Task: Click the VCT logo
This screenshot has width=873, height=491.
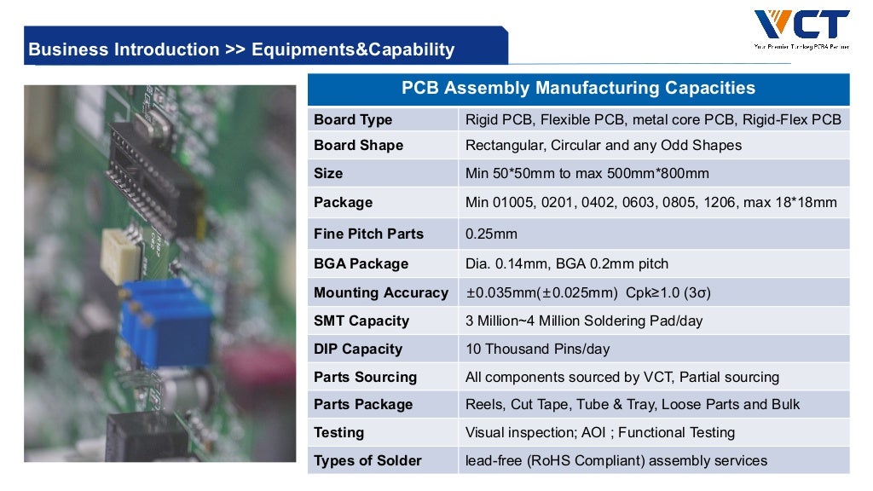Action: click(x=801, y=26)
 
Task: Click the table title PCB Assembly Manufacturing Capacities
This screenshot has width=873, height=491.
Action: click(x=578, y=88)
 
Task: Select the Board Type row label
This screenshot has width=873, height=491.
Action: click(x=353, y=119)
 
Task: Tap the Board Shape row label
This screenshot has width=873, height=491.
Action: click(x=358, y=145)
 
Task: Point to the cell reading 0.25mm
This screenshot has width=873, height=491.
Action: click(x=491, y=234)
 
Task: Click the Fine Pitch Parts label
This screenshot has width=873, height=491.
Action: click(x=368, y=234)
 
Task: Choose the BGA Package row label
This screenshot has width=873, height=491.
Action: click(x=361, y=263)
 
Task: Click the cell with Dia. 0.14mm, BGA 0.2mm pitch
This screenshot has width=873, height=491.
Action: click(x=566, y=263)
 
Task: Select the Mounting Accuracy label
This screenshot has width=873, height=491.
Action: click(x=380, y=292)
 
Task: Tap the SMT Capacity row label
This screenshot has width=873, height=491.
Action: click(x=361, y=321)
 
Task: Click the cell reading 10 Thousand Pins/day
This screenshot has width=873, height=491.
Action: click(x=537, y=349)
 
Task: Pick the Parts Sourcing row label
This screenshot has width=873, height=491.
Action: click(x=365, y=377)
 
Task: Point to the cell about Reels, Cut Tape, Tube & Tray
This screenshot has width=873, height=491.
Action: click(x=633, y=404)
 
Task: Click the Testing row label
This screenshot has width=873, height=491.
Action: click(x=338, y=432)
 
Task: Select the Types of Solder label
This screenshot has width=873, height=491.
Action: click(x=367, y=460)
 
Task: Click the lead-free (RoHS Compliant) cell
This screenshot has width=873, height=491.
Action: click(x=616, y=460)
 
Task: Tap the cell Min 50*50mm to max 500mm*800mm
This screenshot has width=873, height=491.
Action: click(x=587, y=173)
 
